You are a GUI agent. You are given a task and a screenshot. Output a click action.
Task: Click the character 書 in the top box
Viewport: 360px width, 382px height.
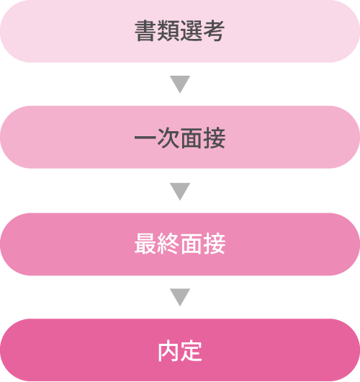pos(145,31)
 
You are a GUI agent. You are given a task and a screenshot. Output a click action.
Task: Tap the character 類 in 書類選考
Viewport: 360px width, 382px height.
pos(168,31)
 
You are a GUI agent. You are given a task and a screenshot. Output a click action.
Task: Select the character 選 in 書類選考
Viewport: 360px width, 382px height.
pos(192,31)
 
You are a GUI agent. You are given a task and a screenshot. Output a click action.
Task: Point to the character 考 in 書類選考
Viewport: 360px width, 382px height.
pos(214,31)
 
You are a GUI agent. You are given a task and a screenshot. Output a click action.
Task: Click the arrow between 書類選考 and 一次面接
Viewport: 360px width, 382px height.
pos(180,84)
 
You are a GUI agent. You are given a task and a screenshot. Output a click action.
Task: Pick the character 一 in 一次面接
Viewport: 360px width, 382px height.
pos(145,138)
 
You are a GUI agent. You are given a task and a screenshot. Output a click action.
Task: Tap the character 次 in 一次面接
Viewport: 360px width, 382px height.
pos(168,138)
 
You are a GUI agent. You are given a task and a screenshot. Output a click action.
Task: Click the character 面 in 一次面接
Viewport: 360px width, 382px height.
pos(192,138)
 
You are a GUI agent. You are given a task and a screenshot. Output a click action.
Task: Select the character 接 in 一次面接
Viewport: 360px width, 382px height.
pos(214,138)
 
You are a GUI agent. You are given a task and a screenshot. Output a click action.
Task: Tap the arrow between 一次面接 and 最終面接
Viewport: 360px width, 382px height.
pos(180,192)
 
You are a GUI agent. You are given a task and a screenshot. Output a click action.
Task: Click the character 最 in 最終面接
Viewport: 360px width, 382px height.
pos(145,244)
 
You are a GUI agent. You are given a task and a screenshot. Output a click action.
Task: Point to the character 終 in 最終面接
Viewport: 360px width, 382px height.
pos(168,244)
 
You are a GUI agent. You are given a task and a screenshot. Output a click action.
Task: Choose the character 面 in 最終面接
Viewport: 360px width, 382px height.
pos(192,244)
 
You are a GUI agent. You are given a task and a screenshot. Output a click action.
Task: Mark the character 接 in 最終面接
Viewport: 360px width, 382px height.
pos(214,244)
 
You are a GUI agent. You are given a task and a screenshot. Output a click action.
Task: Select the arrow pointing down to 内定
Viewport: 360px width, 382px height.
pos(180,297)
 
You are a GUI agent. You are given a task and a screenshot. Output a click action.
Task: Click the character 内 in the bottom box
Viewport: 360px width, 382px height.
pos(168,351)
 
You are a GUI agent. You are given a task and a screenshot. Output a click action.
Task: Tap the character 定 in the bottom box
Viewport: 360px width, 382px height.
pos(192,351)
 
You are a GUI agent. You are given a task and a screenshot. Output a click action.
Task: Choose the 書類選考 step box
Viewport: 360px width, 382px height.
pos(180,31)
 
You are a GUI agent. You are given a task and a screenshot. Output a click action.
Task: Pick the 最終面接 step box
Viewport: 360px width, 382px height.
pos(180,244)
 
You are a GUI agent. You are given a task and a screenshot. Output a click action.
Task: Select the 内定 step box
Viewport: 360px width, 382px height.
pos(180,350)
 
